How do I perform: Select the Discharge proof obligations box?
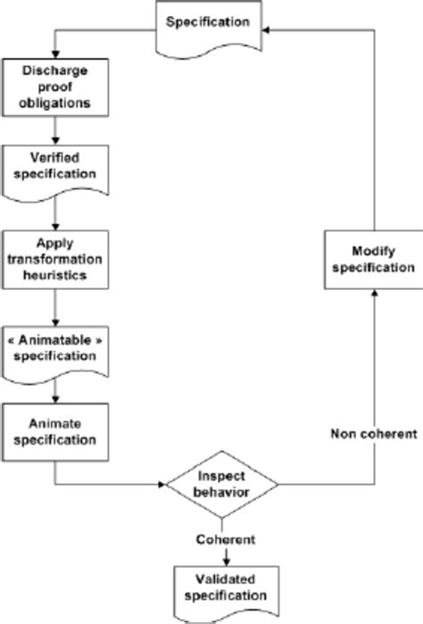point(55,87)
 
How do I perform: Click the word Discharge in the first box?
point(55,71)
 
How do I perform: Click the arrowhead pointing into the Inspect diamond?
point(162,486)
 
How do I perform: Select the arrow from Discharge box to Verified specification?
point(55,129)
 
